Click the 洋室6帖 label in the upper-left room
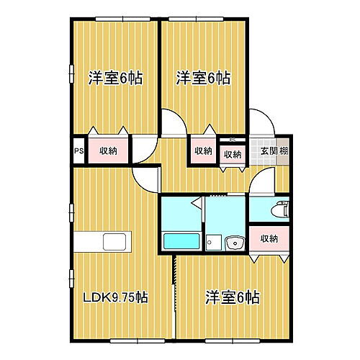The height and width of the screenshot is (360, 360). [115, 78]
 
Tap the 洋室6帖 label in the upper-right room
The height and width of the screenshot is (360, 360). [204, 78]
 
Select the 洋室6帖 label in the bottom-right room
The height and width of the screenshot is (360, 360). [232, 297]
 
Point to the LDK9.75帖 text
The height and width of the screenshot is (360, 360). [115, 297]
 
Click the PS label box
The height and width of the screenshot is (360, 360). [78, 151]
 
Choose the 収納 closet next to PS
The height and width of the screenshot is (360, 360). [108, 151]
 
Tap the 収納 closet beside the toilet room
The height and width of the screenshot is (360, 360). [269, 238]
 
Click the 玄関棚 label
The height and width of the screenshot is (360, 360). [274, 151]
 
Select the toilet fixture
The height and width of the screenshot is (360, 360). [278, 211]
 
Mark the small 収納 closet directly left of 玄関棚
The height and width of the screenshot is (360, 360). [232, 153]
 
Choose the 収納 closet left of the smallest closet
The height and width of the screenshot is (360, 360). [203, 151]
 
